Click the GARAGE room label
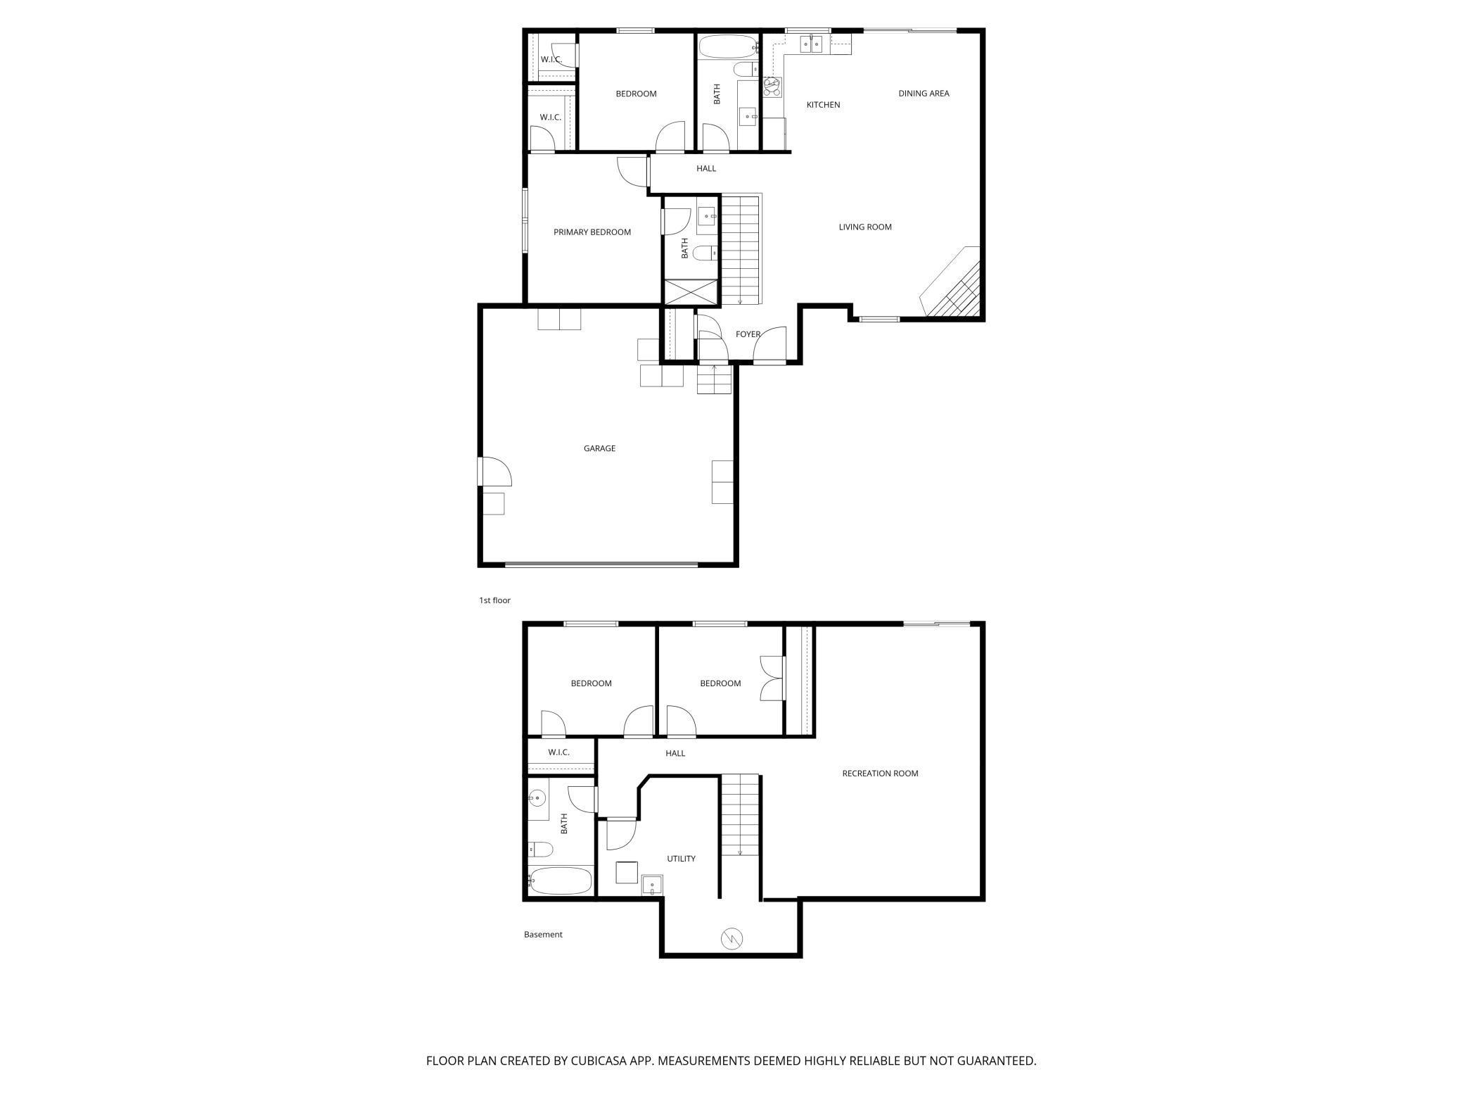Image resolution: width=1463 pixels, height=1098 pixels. [599, 448]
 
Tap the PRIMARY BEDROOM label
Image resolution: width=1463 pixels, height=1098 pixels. [592, 232]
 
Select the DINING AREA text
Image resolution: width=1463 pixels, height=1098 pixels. [924, 94]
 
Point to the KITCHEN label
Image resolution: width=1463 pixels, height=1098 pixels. [823, 105]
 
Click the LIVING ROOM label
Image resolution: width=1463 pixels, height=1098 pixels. [864, 227]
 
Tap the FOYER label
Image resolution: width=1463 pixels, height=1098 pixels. [748, 334]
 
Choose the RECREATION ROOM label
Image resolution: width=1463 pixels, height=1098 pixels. [880, 774]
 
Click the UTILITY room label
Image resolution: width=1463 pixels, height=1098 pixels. [681, 859]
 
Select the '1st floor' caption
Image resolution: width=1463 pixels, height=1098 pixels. [494, 600]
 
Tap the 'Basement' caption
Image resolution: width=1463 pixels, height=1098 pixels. [543, 935]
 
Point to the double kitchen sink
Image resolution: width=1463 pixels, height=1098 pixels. [811, 44]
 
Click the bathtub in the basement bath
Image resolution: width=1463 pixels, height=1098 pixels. [561, 881]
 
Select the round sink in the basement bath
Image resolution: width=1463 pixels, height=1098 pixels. [537, 799]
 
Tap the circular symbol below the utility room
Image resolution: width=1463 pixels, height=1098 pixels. [731, 938]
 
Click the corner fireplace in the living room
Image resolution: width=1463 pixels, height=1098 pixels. [953, 285]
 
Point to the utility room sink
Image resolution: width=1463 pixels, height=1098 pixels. [652, 885]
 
